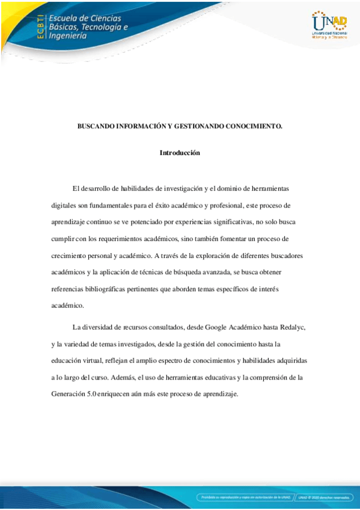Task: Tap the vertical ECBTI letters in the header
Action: (x=41, y=26)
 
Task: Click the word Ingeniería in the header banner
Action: (x=68, y=35)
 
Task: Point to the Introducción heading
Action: (x=180, y=153)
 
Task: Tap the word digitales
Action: (x=65, y=205)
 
